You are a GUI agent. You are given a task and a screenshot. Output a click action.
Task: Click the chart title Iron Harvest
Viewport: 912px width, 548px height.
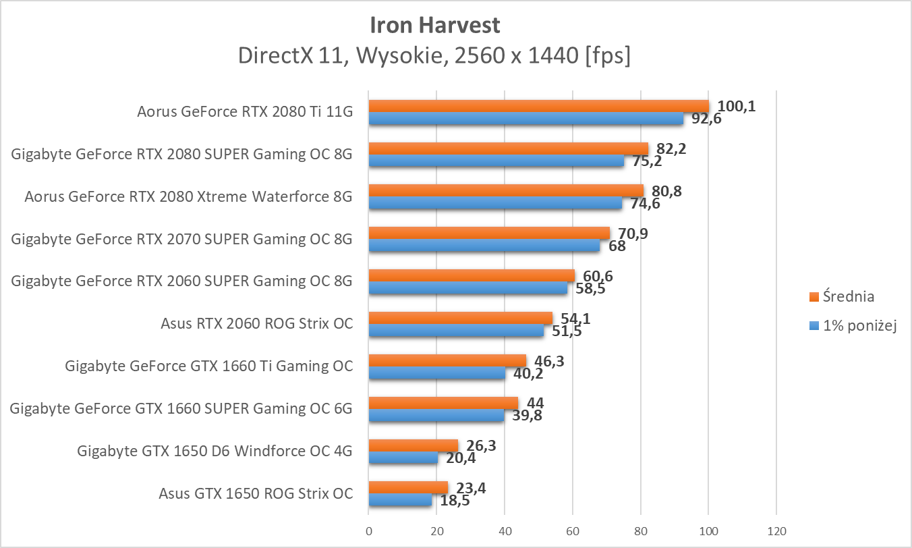435,26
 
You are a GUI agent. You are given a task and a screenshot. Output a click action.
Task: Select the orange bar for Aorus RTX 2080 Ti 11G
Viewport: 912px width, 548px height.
539,106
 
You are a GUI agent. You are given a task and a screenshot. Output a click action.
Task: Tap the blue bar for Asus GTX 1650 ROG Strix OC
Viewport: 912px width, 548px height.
400,500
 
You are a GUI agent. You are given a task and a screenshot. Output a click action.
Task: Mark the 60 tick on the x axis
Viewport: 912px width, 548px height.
573,531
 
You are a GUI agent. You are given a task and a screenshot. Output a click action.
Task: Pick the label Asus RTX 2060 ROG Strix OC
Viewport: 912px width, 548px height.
256,323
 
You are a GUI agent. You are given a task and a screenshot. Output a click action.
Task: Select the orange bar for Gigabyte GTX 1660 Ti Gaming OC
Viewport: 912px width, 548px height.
447,360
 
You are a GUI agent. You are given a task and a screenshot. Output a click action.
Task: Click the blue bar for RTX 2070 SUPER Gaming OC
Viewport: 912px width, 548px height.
484,246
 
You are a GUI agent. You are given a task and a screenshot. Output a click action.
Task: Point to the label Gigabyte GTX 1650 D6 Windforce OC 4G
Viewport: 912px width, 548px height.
215,451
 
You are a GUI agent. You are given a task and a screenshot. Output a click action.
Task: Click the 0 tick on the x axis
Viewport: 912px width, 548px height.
369,531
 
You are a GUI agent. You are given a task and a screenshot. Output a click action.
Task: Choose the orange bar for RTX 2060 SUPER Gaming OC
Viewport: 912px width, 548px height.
472,275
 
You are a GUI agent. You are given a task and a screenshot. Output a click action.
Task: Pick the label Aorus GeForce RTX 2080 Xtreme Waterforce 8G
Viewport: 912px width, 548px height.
188,197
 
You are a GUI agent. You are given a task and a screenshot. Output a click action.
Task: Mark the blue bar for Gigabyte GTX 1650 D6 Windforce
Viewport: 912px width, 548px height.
403,458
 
